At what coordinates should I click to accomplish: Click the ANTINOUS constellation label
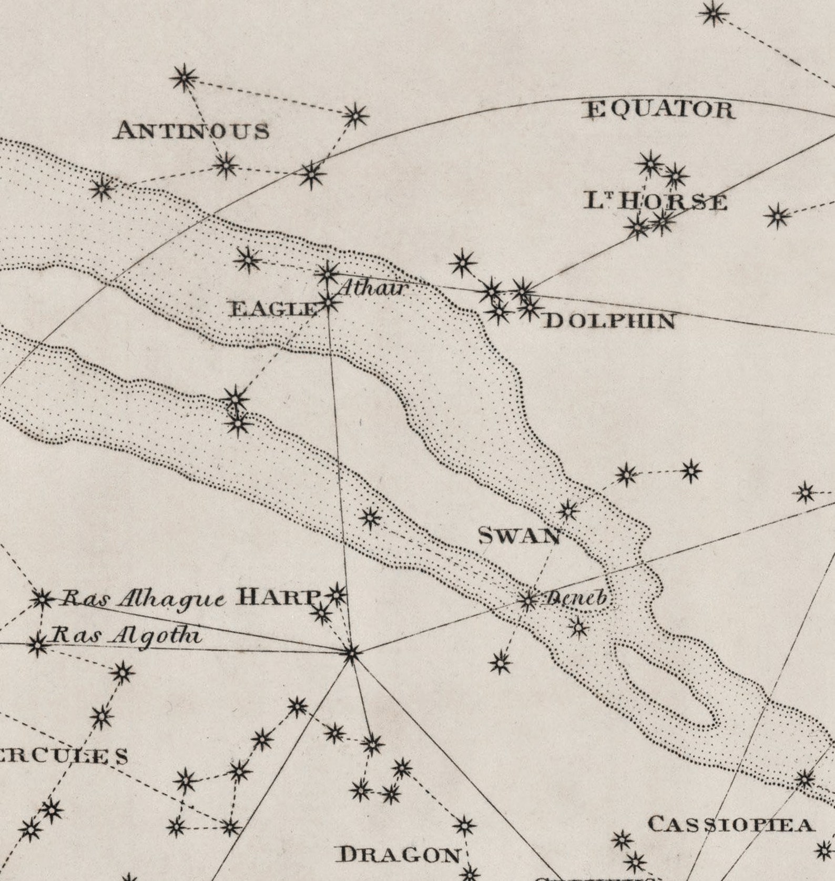(x=192, y=130)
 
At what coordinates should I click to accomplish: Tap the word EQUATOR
(x=660, y=110)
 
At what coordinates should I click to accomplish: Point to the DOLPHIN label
(x=609, y=321)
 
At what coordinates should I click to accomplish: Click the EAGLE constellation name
(x=273, y=309)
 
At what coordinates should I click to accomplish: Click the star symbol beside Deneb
(x=527, y=600)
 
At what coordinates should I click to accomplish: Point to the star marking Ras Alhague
(x=42, y=599)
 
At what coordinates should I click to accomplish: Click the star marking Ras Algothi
(x=37, y=644)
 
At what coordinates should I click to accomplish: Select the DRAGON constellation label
(x=399, y=855)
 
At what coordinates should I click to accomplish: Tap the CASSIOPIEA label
(x=731, y=825)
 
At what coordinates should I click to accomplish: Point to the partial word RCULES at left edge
(x=63, y=756)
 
